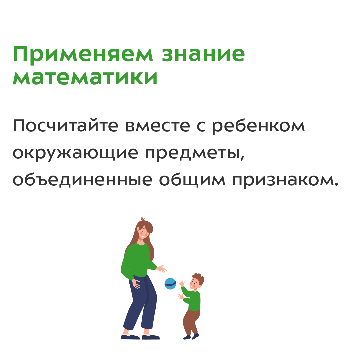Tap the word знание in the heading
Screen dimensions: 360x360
203,54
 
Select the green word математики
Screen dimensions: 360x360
85,77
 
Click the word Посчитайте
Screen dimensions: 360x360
65,125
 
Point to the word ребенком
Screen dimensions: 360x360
258,126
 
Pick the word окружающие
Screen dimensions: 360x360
75,153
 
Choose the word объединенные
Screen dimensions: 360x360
82,180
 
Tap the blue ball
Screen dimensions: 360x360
170,284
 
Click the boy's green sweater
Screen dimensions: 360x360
193,299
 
